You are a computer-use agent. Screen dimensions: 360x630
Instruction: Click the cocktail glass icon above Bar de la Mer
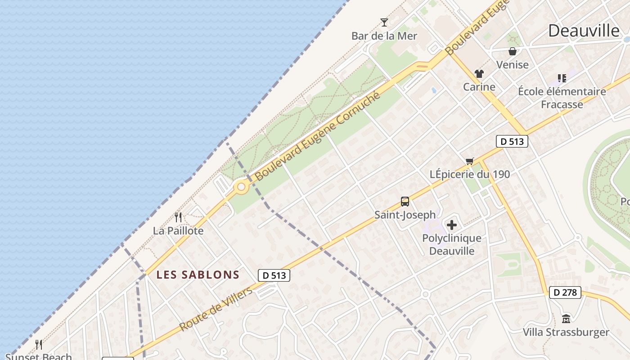pyautogui.click(x=384, y=22)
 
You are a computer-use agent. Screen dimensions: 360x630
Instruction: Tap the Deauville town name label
pyautogui.click(x=584, y=31)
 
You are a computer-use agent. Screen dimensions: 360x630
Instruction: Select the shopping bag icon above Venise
pyautogui.click(x=512, y=51)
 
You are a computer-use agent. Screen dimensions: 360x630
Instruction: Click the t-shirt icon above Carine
pyautogui.click(x=479, y=74)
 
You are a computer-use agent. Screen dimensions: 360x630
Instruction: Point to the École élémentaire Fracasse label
pyautogui.click(x=562, y=98)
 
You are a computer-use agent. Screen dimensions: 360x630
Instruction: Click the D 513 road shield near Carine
pyautogui.click(x=512, y=141)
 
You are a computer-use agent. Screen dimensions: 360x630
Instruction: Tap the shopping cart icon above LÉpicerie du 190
pyautogui.click(x=470, y=161)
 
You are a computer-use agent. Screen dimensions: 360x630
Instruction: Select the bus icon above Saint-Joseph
pyautogui.click(x=405, y=202)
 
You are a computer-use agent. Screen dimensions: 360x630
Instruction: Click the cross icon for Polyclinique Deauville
pyautogui.click(x=452, y=225)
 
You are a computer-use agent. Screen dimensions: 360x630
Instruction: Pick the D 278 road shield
pyautogui.click(x=565, y=292)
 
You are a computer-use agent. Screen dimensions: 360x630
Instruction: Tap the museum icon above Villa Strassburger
pyautogui.click(x=566, y=319)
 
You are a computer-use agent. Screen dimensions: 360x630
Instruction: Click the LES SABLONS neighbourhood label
pyautogui.click(x=198, y=274)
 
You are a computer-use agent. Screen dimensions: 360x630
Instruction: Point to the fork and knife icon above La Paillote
pyautogui.click(x=178, y=218)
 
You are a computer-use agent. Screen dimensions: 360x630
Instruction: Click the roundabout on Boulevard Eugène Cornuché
pyautogui.click(x=242, y=186)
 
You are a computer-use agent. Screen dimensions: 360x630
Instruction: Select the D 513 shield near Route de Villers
pyautogui.click(x=274, y=275)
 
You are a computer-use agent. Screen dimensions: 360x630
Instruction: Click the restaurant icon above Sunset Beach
pyautogui.click(x=39, y=345)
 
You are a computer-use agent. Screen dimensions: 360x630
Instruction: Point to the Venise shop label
pyautogui.click(x=512, y=65)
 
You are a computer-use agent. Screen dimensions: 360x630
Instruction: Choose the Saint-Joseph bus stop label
pyautogui.click(x=405, y=215)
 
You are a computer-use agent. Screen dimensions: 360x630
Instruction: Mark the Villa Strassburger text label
pyautogui.click(x=566, y=333)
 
